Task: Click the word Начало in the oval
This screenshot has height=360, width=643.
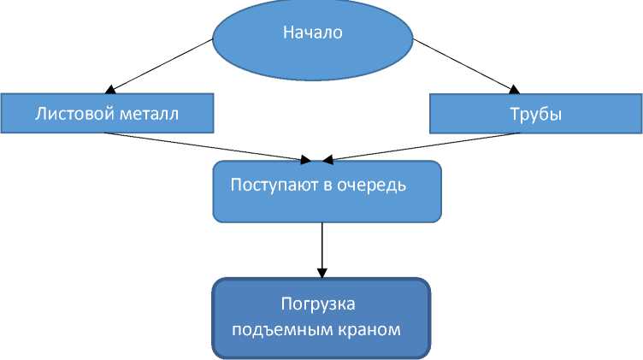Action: coord(312,34)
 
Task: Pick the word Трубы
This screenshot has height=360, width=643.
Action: coord(535,114)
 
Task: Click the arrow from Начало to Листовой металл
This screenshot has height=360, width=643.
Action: coord(162,64)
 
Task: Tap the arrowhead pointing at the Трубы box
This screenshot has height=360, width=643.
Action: coord(516,88)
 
